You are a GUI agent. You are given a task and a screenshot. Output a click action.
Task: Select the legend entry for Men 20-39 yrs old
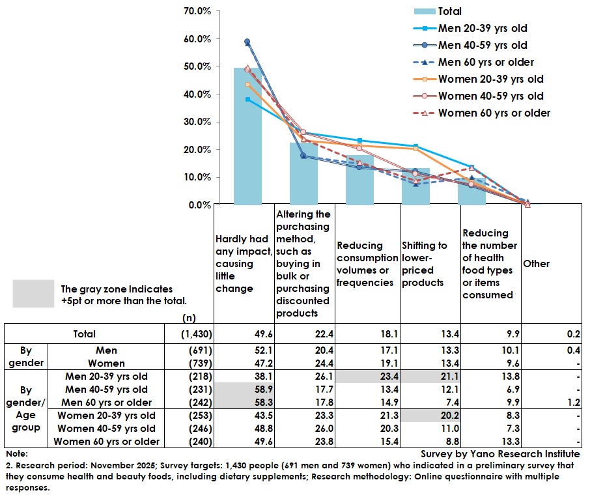482,28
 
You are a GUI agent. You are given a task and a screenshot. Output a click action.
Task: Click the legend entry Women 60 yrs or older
494,113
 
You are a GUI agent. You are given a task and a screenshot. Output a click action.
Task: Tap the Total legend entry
449,11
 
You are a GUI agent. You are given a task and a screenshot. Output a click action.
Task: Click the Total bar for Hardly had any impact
247,136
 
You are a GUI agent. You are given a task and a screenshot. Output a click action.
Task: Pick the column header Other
536,264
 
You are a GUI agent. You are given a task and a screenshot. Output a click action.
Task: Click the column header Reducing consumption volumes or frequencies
367,264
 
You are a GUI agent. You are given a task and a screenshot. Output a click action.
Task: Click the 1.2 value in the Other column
573,401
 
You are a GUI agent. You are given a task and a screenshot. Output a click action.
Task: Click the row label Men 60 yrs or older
108,401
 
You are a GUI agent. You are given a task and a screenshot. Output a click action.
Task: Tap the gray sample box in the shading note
34,293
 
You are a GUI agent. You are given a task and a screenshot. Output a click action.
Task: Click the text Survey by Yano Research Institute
499,454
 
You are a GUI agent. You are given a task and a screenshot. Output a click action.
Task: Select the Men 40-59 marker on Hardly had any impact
247,42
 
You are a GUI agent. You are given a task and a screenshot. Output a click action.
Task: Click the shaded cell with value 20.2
427,415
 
